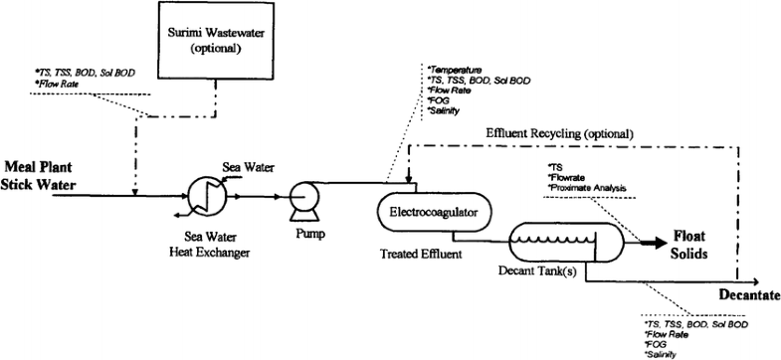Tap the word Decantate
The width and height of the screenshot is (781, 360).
[747, 296]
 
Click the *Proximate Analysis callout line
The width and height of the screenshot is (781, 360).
[588, 187]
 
